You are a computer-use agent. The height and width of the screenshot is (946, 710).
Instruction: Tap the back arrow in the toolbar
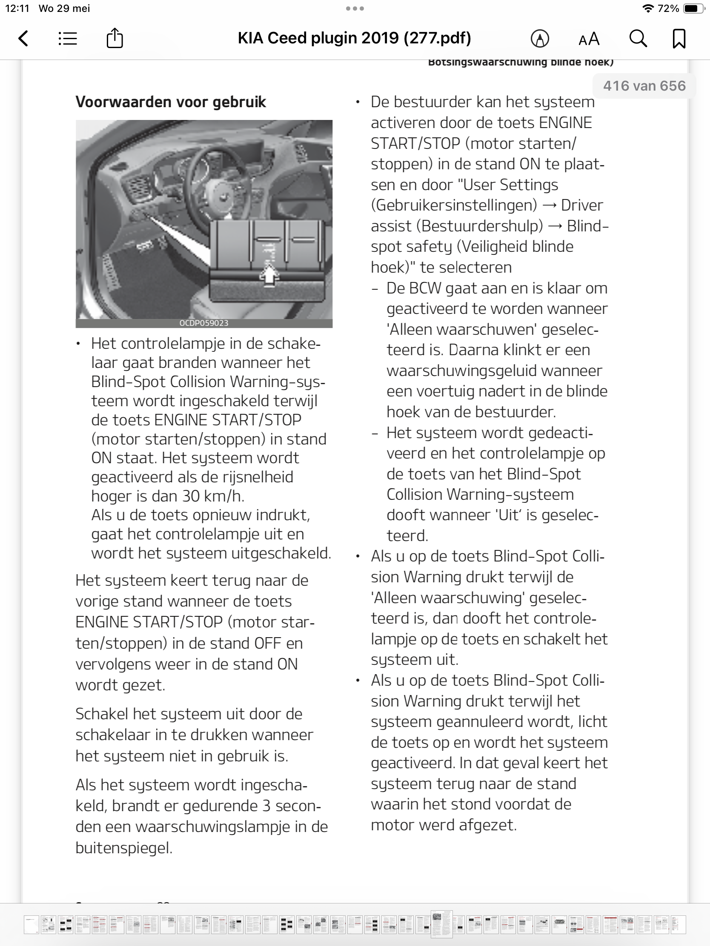click(24, 38)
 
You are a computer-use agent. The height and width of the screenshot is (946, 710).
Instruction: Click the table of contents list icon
click(68, 38)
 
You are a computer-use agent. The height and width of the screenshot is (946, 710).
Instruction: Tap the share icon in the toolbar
click(115, 38)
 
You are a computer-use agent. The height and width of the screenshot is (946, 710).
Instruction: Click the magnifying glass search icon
click(638, 38)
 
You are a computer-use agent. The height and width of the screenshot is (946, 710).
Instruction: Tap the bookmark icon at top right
click(679, 38)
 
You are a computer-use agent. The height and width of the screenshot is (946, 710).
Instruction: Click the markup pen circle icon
click(540, 39)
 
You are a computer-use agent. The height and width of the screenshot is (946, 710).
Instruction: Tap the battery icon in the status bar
click(694, 9)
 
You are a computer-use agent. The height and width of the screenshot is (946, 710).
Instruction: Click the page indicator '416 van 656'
click(644, 86)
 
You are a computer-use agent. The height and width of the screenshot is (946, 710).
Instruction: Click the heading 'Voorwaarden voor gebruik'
click(171, 102)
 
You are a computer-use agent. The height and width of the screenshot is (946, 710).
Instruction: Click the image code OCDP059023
click(204, 323)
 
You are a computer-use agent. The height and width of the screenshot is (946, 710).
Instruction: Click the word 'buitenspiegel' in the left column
click(123, 847)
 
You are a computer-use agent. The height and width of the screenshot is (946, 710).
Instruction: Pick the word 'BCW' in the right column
click(425, 288)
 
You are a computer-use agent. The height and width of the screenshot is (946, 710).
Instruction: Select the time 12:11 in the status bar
click(17, 9)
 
